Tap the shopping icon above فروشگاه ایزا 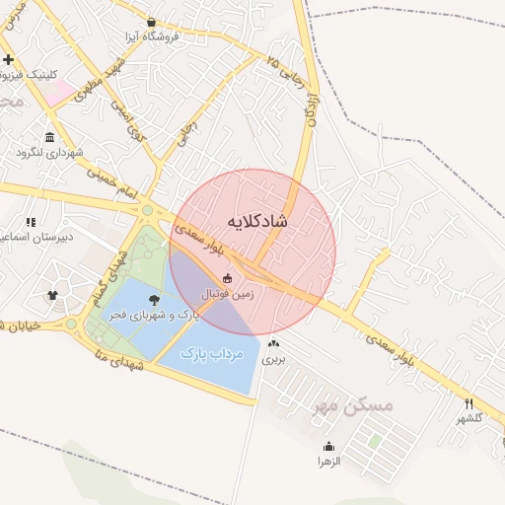[150, 22]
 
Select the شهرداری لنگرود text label [50, 153]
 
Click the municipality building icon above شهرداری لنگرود [50, 137]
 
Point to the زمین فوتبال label [228, 294]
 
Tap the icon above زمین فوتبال [229, 278]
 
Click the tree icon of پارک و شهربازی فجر [153, 300]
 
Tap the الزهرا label [328, 461]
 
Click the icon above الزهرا [328, 446]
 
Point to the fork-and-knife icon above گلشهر [469, 403]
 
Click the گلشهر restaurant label [469, 418]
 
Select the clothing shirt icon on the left [52, 294]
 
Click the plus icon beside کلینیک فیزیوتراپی [9, 60]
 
